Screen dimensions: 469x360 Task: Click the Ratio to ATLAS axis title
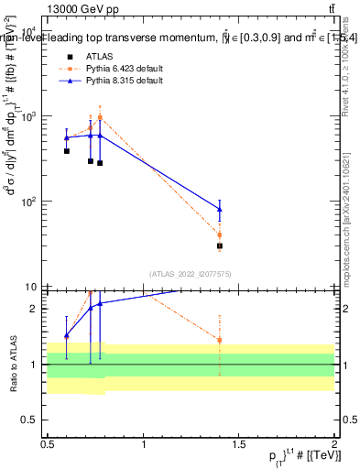[13, 364]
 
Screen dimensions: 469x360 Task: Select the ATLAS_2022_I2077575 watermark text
[191, 273]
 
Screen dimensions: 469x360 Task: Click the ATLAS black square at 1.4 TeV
[220, 245]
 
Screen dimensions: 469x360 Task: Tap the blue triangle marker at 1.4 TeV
[220, 210]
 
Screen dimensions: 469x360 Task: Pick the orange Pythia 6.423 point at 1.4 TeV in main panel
[220, 234]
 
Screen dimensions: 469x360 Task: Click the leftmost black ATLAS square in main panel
[67, 151]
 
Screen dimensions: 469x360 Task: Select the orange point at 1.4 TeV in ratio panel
[220, 340]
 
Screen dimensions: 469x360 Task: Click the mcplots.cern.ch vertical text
[349, 192]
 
